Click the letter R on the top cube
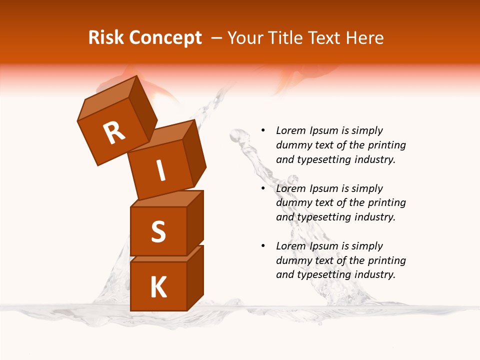(114, 133)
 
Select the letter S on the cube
(158, 231)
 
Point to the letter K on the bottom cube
(158, 287)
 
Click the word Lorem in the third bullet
(290, 246)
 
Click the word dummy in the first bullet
(292, 145)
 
